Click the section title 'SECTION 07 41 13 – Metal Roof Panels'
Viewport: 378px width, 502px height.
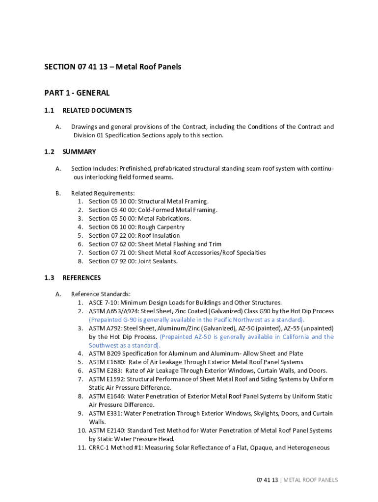click(x=112, y=67)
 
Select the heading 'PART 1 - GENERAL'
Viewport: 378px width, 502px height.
click(x=77, y=93)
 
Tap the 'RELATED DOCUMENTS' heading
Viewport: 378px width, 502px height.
click(x=97, y=111)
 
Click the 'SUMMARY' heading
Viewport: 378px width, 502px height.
click(x=79, y=152)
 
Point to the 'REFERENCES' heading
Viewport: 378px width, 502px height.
click(x=81, y=278)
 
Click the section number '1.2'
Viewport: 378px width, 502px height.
click(x=49, y=152)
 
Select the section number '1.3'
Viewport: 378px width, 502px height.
click(x=49, y=278)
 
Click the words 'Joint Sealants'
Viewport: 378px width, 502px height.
click(x=157, y=261)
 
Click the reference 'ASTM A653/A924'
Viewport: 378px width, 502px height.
click(x=112, y=311)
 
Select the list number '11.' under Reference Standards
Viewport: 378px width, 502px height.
click(x=81, y=448)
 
